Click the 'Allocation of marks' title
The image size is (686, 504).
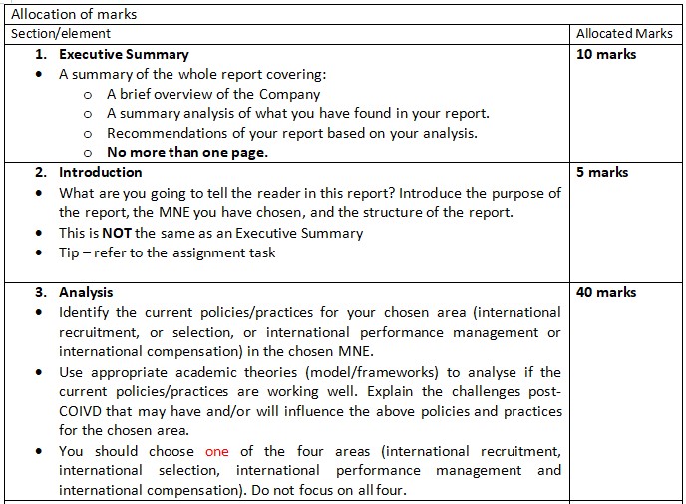[73, 14]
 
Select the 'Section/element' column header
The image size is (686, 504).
[61, 34]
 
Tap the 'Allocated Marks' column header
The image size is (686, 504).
[624, 34]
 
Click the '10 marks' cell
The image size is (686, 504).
[606, 54]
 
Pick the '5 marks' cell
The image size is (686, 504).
[602, 172]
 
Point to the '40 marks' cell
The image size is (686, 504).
[606, 292]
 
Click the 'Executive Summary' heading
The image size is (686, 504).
[124, 54]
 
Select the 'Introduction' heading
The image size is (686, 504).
[100, 172]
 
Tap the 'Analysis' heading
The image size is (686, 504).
[86, 292]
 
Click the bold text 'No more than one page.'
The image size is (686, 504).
[187, 153]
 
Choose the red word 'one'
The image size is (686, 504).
[217, 451]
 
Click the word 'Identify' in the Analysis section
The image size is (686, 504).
[86, 312]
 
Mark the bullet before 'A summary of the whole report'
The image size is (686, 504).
[39, 75]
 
